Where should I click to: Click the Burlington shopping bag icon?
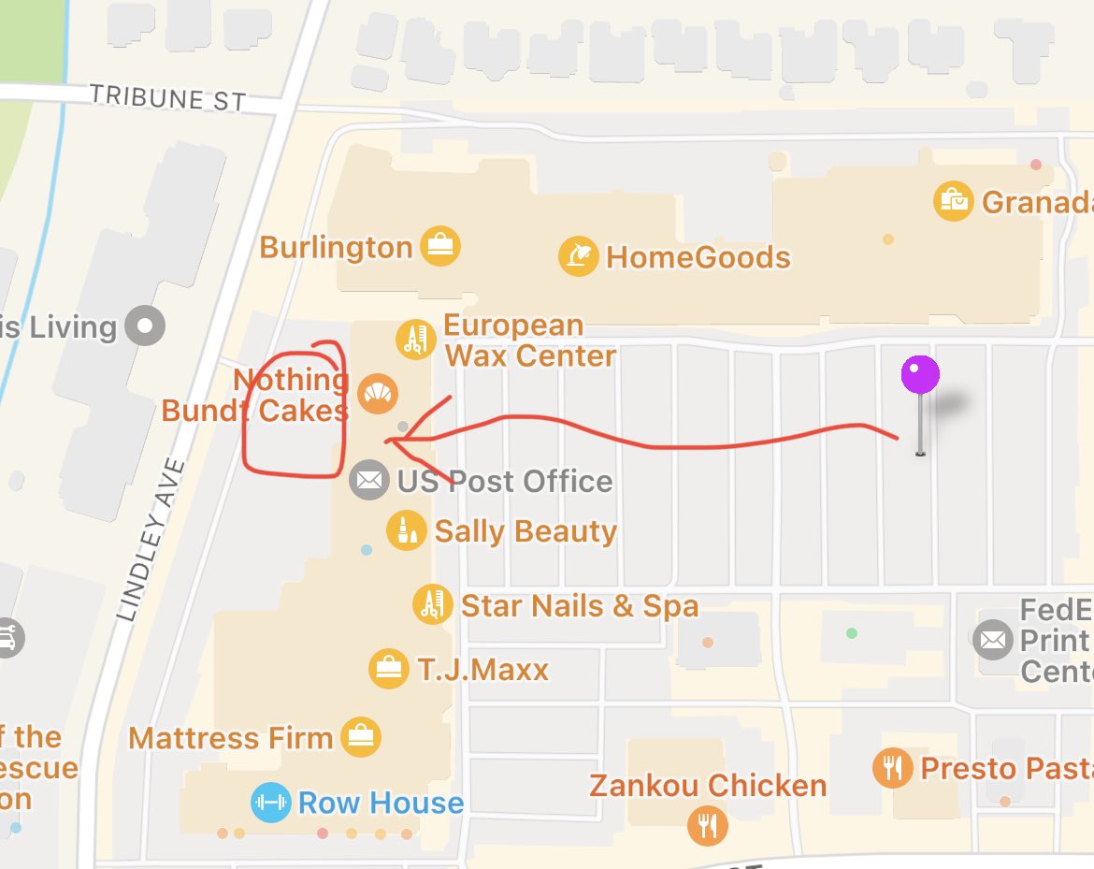[x=439, y=246]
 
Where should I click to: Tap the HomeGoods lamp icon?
[x=579, y=256]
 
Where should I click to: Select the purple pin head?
[x=920, y=375]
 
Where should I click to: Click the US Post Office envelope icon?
[x=369, y=481]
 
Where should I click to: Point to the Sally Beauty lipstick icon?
[x=407, y=530]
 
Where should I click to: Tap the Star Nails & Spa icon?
[x=433, y=605]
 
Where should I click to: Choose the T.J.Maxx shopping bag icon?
[x=388, y=669]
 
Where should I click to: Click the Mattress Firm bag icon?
[x=360, y=738]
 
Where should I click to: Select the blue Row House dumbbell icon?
[x=270, y=803]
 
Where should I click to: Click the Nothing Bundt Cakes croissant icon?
[x=378, y=394]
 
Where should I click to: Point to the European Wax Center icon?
[x=414, y=339]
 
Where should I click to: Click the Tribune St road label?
[x=168, y=97]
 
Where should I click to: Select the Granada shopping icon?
[x=954, y=200]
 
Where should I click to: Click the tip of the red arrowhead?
[x=386, y=441]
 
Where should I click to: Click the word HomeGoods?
[x=698, y=257]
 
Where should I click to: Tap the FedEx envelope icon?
[x=992, y=641]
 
